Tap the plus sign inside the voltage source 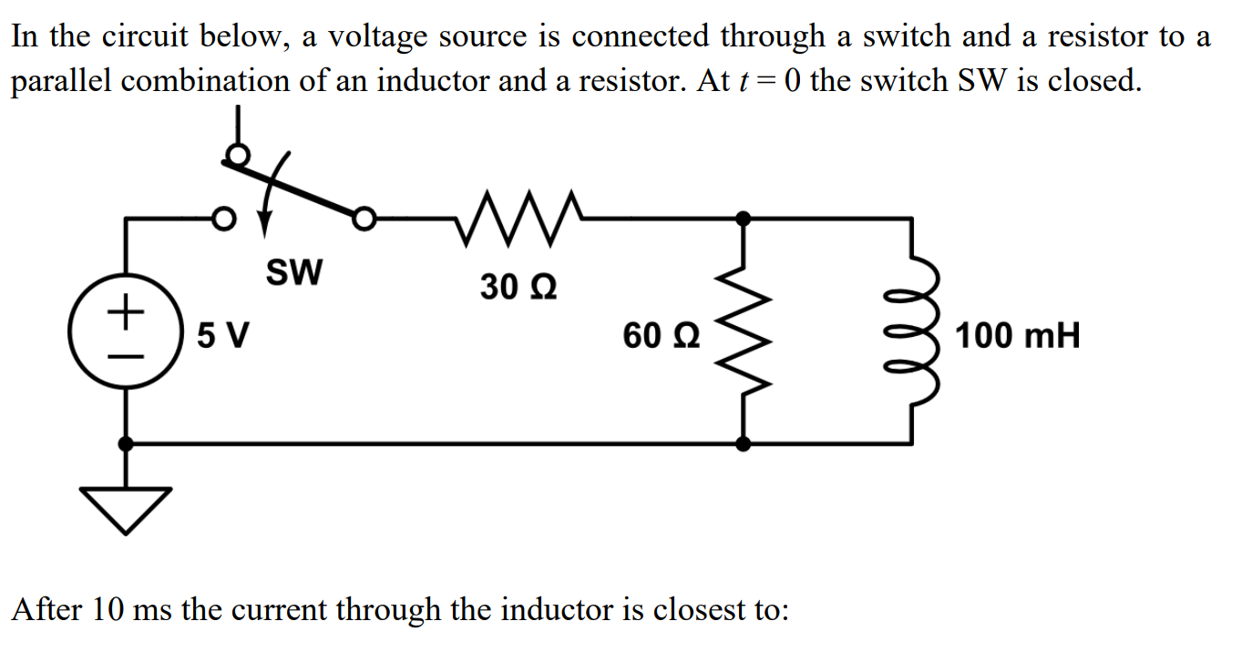[126, 314]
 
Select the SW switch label [293, 271]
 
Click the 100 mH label [1018, 336]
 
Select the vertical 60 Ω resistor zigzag [744, 332]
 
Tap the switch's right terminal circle [364, 219]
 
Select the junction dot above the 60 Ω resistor [744, 219]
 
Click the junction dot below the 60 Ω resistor [744, 443]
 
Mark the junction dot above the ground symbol [126, 443]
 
